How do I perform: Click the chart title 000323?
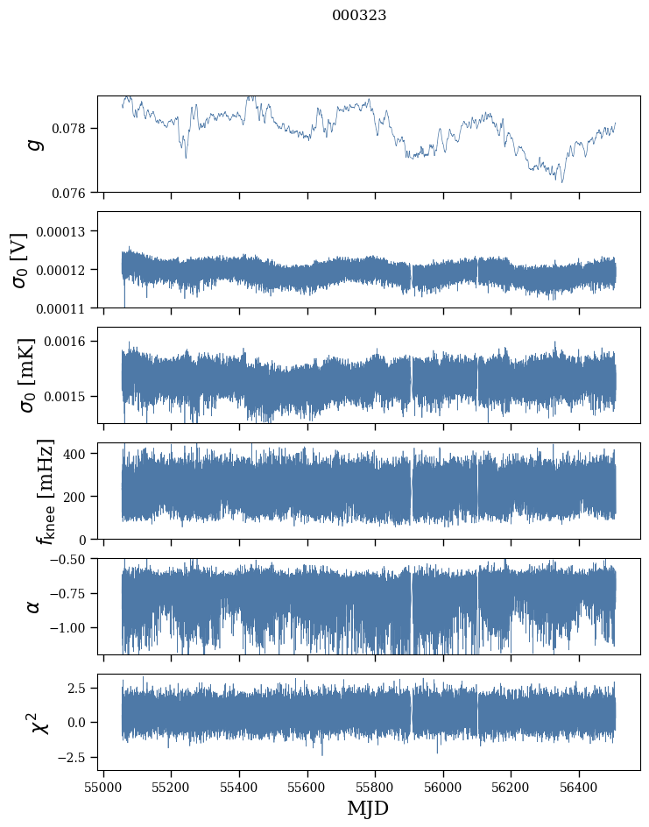(x=359, y=16)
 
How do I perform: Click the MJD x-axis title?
(x=368, y=808)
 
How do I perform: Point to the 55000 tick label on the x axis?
(x=103, y=787)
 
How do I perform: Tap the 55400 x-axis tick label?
(x=239, y=787)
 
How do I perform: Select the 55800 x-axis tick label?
(x=375, y=787)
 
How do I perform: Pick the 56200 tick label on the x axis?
(x=511, y=787)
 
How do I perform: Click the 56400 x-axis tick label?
(x=579, y=787)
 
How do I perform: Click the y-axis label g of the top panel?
(x=35, y=144)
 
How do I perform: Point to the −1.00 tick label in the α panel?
(x=70, y=628)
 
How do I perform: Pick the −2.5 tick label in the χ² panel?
(x=75, y=756)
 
